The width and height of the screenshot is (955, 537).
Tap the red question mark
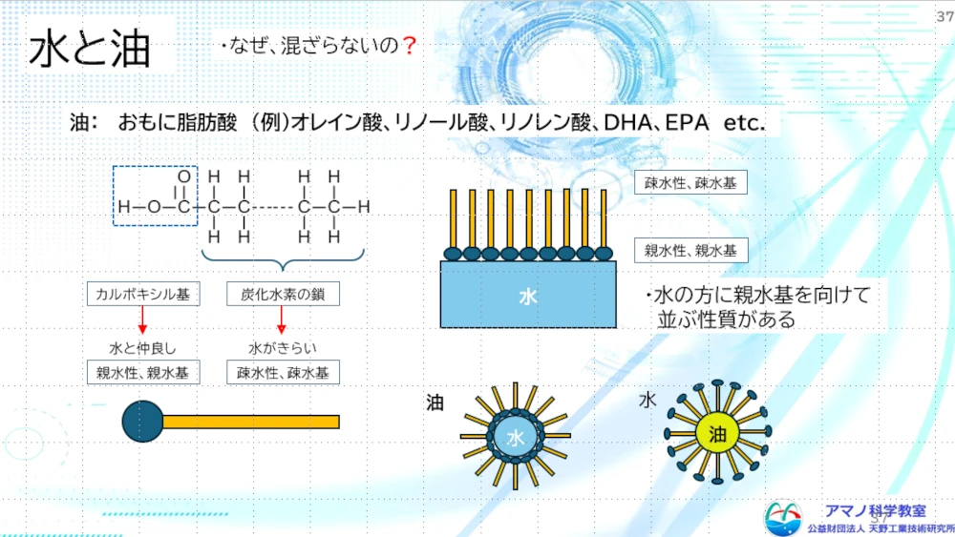coord(410,45)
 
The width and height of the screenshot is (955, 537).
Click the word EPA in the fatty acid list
coord(687,123)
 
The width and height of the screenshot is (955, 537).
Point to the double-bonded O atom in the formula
coord(184,177)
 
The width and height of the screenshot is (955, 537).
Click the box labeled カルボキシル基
coord(143,295)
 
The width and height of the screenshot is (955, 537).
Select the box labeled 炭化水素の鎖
coord(284,295)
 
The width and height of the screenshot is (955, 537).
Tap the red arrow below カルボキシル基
coord(142,320)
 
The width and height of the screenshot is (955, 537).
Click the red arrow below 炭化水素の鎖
coord(282,320)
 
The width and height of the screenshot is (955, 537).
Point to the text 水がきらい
coord(283,348)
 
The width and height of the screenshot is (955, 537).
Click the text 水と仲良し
coord(142,348)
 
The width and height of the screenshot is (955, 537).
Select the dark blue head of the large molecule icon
coord(142,421)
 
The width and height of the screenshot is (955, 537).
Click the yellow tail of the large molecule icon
coord(251,422)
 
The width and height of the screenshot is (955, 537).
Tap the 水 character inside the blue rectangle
coord(528,297)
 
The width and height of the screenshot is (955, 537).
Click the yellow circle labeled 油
coord(717,434)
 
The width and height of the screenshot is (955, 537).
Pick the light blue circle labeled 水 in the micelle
coord(516,437)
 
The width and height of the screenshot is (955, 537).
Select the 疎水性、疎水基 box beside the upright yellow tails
coord(690,182)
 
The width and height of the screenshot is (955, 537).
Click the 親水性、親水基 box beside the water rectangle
coord(690,251)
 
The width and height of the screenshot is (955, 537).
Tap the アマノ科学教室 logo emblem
coord(783,518)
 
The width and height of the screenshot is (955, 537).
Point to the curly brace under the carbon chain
coord(283,261)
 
